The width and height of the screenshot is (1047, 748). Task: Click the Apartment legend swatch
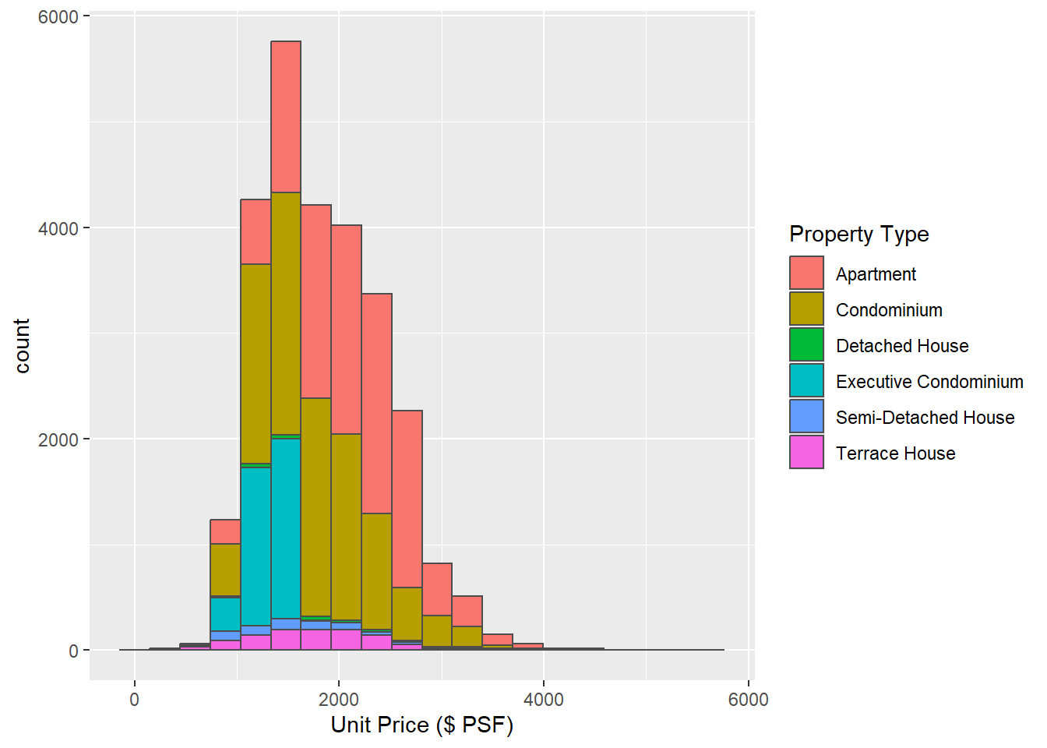pyautogui.click(x=806, y=273)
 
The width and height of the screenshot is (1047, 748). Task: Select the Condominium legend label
pyautogui.click(x=889, y=310)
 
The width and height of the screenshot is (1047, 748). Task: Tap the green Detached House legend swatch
pyautogui.click(x=806, y=344)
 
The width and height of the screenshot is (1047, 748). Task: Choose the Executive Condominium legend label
pyautogui.click(x=929, y=382)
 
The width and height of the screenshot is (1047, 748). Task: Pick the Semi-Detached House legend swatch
pyautogui.click(x=806, y=416)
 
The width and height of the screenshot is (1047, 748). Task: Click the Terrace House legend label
pyautogui.click(x=895, y=453)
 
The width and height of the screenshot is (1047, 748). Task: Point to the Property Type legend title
pyautogui.click(x=858, y=234)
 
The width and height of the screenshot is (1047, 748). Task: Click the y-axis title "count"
pyautogui.click(x=22, y=345)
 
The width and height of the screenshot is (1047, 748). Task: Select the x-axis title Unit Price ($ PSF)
pyautogui.click(x=421, y=725)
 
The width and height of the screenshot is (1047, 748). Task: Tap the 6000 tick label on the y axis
pyautogui.click(x=58, y=17)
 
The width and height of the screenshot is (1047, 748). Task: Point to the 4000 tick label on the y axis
pyautogui.click(x=58, y=228)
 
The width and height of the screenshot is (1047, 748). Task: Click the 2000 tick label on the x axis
pyautogui.click(x=339, y=700)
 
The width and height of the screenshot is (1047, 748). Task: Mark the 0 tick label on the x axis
pyautogui.click(x=135, y=700)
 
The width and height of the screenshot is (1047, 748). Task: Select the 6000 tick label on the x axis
pyautogui.click(x=748, y=700)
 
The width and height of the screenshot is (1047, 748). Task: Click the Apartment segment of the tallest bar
pyautogui.click(x=286, y=117)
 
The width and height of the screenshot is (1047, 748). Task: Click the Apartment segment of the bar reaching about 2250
pyautogui.click(x=407, y=499)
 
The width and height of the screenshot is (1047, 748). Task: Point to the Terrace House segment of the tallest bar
pyautogui.click(x=286, y=640)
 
